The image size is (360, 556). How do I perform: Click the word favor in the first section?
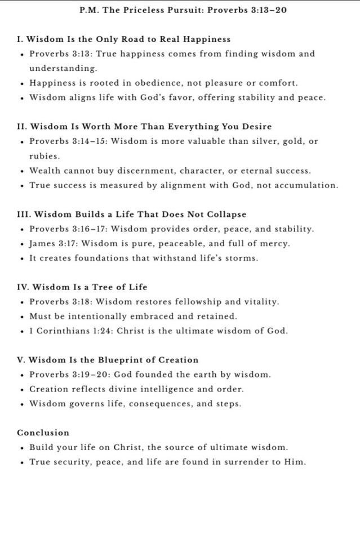pos(195,97)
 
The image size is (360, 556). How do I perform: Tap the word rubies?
pos(44,155)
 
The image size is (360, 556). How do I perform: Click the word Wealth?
pos(46,170)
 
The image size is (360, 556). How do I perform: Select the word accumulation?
pos(307,185)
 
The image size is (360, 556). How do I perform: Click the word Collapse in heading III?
pos(226,215)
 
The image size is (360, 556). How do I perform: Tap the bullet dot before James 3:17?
pos(21,244)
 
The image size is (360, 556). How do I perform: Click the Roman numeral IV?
pos(22,287)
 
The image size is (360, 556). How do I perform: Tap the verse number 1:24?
pos(103,331)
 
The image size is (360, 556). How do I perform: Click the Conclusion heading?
pos(43,433)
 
